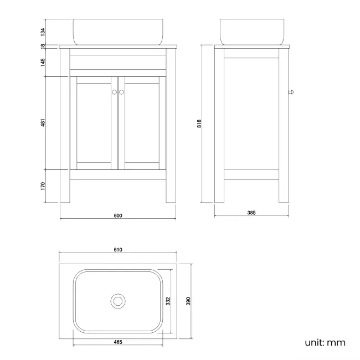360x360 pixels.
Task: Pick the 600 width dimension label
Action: pyautogui.click(x=117, y=215)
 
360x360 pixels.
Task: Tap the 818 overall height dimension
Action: pyautogui.click(x=199, y=124)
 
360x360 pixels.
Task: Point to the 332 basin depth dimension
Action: pyautogui.click(x=168, y=301)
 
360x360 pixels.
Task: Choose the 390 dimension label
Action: pyautogui.click(x=188, y=301)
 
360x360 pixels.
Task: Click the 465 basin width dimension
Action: pyautogui.click(x=117, y=342)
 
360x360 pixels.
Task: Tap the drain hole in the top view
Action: pyautogui.click(x=117, y=301)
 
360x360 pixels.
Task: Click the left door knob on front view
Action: pyautogui.click(x=114, y=92)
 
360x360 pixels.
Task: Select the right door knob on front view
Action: pyautogui.click(x=121, y=92)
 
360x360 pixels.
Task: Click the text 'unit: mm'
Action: pyautogui.click(x=325, y=342)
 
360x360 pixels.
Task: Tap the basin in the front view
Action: pyautogui.click(x=117, y=32)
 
